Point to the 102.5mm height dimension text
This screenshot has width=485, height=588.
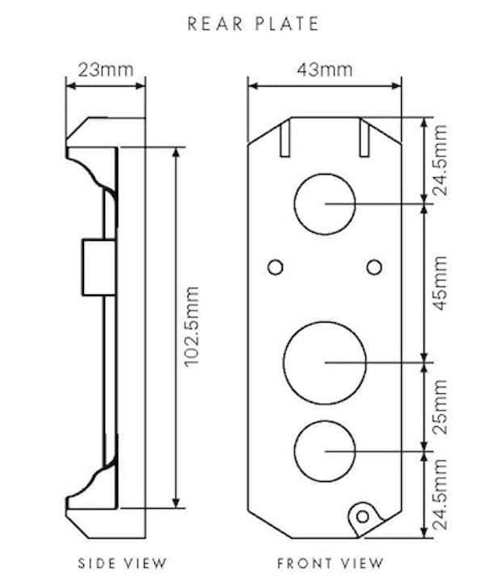[192, 327]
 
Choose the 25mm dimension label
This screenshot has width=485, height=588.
[440, 406]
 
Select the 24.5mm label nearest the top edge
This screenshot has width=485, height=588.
[440, 161]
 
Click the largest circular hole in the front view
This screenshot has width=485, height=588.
[324, 362]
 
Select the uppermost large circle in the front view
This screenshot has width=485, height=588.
[324, 203]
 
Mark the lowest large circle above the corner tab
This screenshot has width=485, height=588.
[324, 450]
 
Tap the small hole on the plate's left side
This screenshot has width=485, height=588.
[275, 266]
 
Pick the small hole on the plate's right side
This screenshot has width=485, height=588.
[373, 266]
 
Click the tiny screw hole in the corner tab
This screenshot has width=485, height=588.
[363, 515]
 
